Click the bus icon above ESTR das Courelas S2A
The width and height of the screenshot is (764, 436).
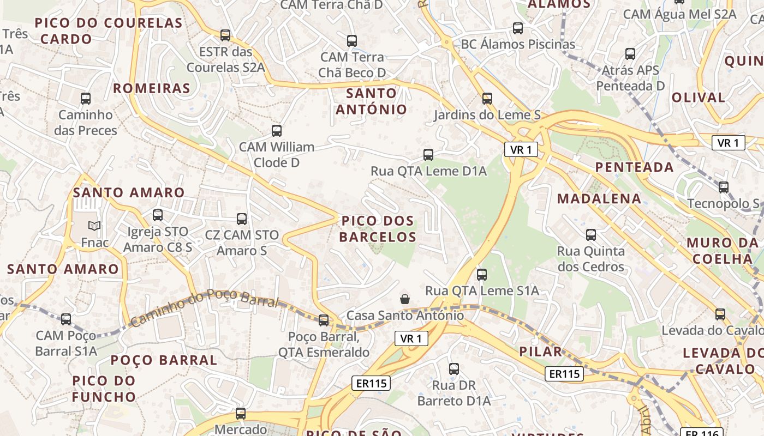tap(225, 35)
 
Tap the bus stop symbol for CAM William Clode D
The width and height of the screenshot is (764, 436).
tap(277, 131)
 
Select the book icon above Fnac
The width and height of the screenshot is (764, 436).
tap(94, 226)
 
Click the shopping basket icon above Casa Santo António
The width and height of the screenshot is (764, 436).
tap(405, 299)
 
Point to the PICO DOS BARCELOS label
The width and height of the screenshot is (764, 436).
tap(378, 229)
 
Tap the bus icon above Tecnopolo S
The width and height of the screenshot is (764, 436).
tap(724, 187)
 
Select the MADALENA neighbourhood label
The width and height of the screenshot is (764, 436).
tap(599, 198)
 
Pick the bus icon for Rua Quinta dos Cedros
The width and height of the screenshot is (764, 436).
tap(591, 235)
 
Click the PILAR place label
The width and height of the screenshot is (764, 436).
tap(540, 351)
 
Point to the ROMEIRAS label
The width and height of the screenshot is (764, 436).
tap(152, 88)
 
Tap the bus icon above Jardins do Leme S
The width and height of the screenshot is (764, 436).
tap(487, 99)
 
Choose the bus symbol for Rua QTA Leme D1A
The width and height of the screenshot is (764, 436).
tap(428, 155)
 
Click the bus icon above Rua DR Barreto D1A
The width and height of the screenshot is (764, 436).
tap(454, 369)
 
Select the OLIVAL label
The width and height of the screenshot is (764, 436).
tap(698, 98)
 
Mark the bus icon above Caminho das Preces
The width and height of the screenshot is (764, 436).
tap(86, 99)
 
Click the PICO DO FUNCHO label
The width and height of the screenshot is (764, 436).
tap(104, 388)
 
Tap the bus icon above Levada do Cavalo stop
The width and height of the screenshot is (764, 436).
tap(720, 314)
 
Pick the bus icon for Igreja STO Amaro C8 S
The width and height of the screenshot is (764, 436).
tap(158, 215)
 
